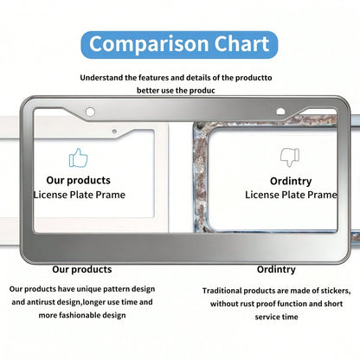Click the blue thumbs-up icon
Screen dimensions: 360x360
(78, 157)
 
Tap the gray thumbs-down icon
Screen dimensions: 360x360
(290, 157)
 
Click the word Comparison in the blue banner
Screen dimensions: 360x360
(149, 44)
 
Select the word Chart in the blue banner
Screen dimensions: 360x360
(241, 43)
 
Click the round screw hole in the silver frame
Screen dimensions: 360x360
(90, 112)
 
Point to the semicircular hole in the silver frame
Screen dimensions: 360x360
(280, 112)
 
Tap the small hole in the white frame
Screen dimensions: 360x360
(114, 132)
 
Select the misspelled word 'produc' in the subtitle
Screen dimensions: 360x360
(202, 91)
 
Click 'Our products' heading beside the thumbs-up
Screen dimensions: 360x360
(78, 180)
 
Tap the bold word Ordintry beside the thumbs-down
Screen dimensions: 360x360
(291, 181)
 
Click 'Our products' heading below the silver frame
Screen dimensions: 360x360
(82, 269)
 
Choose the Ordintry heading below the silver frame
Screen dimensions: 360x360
(276, 269)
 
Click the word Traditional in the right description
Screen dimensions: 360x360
(222, 291)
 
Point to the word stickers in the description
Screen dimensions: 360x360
(336, 291)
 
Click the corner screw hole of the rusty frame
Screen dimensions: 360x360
(201, 125)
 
